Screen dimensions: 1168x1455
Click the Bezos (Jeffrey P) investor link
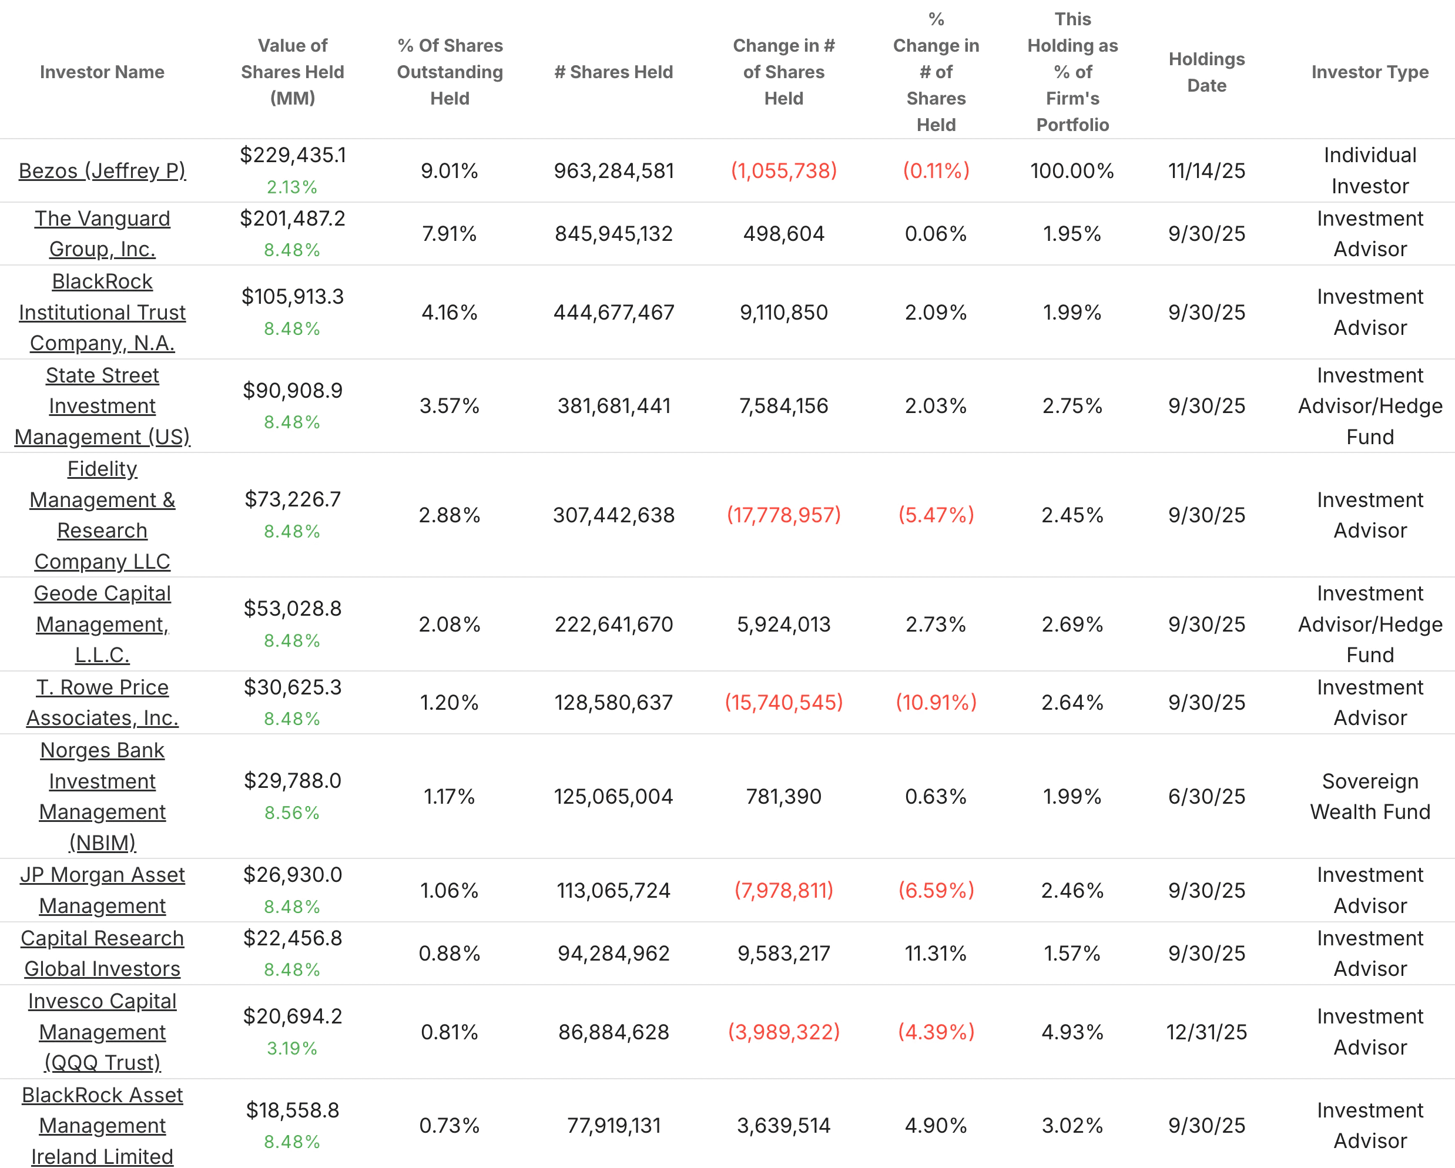(102, 171)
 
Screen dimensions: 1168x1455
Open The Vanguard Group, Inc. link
(102, 233)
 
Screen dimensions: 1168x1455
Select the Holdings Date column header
(1206, 72)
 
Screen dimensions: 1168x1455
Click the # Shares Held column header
(613, 72)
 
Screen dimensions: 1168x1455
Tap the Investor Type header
(1369, 72)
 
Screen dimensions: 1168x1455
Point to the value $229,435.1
(292, 155)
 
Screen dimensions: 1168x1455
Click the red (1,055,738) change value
(783, 171)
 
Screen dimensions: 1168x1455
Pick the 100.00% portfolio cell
(1072, 171)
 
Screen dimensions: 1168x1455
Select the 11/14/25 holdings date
(1206, 171)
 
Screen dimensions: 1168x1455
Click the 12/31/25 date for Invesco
(1206, 1032)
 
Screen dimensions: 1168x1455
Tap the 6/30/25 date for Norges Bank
(1206, 796)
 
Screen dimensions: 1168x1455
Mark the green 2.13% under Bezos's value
(291, 187)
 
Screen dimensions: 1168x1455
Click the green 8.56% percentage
(291, 813)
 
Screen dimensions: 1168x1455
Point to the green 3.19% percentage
(291, 1048)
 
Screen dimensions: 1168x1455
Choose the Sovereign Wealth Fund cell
(1369, 796)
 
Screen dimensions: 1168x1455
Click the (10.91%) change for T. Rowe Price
(936, 703)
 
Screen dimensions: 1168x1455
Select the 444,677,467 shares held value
(613, 313)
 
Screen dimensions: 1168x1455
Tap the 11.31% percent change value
(936, 954)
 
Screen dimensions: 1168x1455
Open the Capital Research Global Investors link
(102, 954)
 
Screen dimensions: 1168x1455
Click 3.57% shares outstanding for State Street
(449, 405)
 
